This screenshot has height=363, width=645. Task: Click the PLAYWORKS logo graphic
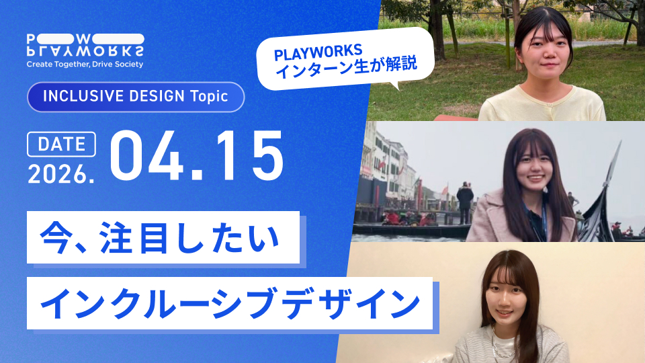click(85, 44)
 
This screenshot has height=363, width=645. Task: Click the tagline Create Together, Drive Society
click(85, 65)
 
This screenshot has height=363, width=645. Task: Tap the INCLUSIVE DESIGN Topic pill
click(135, 96)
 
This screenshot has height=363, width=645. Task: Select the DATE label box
click(61, 144)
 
